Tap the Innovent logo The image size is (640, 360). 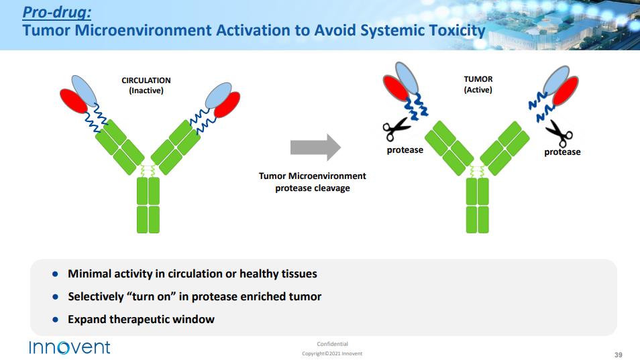point(69,347)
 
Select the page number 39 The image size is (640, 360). point(618,354)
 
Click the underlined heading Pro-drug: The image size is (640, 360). point(57,12)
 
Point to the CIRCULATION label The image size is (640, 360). point(146,80)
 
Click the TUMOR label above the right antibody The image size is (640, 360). point(478,79)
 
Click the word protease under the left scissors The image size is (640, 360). point(405,150)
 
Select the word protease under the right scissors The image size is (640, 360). point(562,152)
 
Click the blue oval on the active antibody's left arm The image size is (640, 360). point(407,77)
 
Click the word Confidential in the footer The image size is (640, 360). point(332,344)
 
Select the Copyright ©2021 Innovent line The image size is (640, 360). point(332,354)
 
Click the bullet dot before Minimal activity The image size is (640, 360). point(56,274)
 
